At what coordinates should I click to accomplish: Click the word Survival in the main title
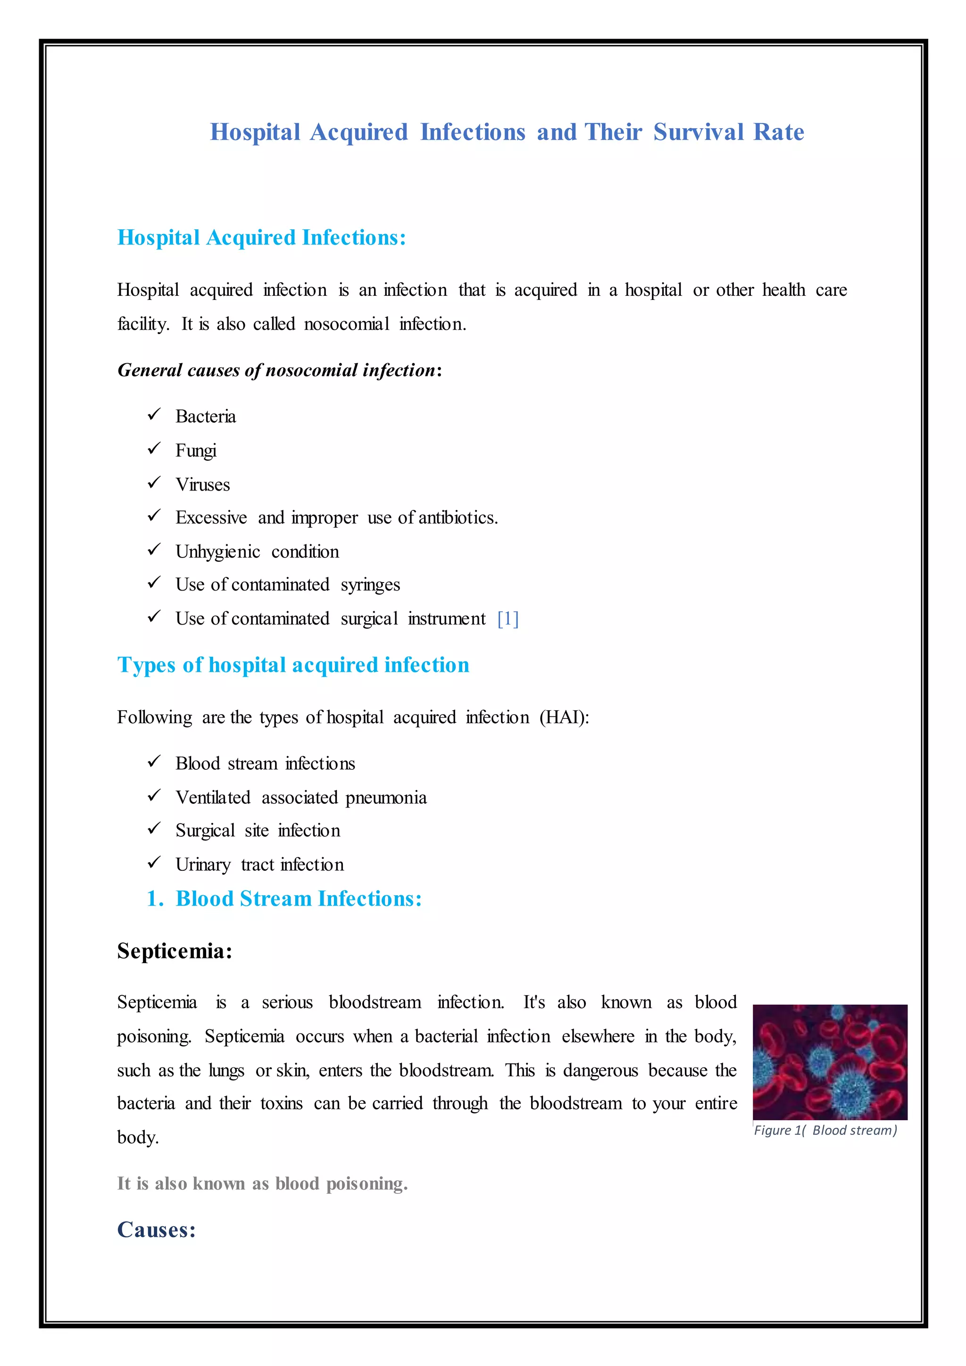click(699, 132)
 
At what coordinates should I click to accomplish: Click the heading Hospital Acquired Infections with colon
click(262, 237)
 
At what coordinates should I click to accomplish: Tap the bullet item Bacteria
click(205, 416)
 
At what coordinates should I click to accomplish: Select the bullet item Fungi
click(196, 450)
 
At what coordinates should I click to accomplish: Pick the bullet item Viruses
click(202, 484)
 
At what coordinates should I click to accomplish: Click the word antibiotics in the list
click(458, 517)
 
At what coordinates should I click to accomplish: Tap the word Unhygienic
click(218, 551)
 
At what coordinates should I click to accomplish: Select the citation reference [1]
click(508, 619)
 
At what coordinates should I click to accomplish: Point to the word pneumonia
click(385, 797)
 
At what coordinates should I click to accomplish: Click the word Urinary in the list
click(203, 865)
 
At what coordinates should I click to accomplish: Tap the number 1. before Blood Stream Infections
click(155, 899)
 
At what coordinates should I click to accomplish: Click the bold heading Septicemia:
click(174, 951)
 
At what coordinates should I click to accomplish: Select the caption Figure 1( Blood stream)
click(825, 1131)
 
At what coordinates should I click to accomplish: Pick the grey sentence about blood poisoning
click(262, 1183)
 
